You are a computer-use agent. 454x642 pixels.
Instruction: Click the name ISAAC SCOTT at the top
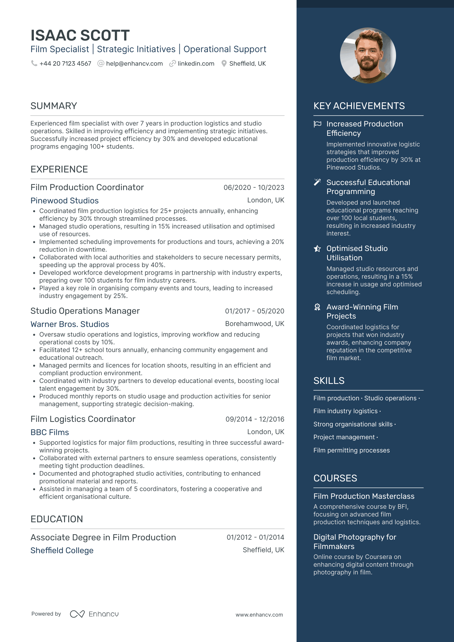point(80,35)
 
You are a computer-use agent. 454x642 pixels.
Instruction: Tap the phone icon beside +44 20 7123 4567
point(34,63)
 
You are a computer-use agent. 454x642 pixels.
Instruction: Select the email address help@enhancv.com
point(134,64)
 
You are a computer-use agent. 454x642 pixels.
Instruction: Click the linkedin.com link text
point(196,64)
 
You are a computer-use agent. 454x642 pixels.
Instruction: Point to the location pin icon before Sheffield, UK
point(224,64)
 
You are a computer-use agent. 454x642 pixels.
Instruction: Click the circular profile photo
point(368,55)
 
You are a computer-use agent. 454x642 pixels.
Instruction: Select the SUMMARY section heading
point(54,106)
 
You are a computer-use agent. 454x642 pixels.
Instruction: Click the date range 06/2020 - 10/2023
point(254,188)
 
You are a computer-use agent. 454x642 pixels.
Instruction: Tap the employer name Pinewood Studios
point(64,200)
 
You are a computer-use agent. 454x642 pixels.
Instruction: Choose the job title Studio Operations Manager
point(85,311)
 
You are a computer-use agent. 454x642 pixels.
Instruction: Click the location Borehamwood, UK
point(254,324)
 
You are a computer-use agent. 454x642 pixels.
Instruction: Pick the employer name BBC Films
point(50,432)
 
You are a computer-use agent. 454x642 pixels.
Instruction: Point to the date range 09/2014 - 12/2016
point(255,419)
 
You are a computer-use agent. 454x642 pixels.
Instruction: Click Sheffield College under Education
point(62,550)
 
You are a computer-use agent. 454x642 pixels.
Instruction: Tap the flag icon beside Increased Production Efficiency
point(317,124)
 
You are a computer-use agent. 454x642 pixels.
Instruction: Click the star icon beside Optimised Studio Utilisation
point(317,248)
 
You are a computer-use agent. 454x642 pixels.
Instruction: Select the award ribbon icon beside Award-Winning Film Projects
point(317,307)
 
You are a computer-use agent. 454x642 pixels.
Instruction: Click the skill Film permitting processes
point(351,450)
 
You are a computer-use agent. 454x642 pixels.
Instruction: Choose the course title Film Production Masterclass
point(364,496)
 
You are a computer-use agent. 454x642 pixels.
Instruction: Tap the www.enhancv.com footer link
point(259,615)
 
